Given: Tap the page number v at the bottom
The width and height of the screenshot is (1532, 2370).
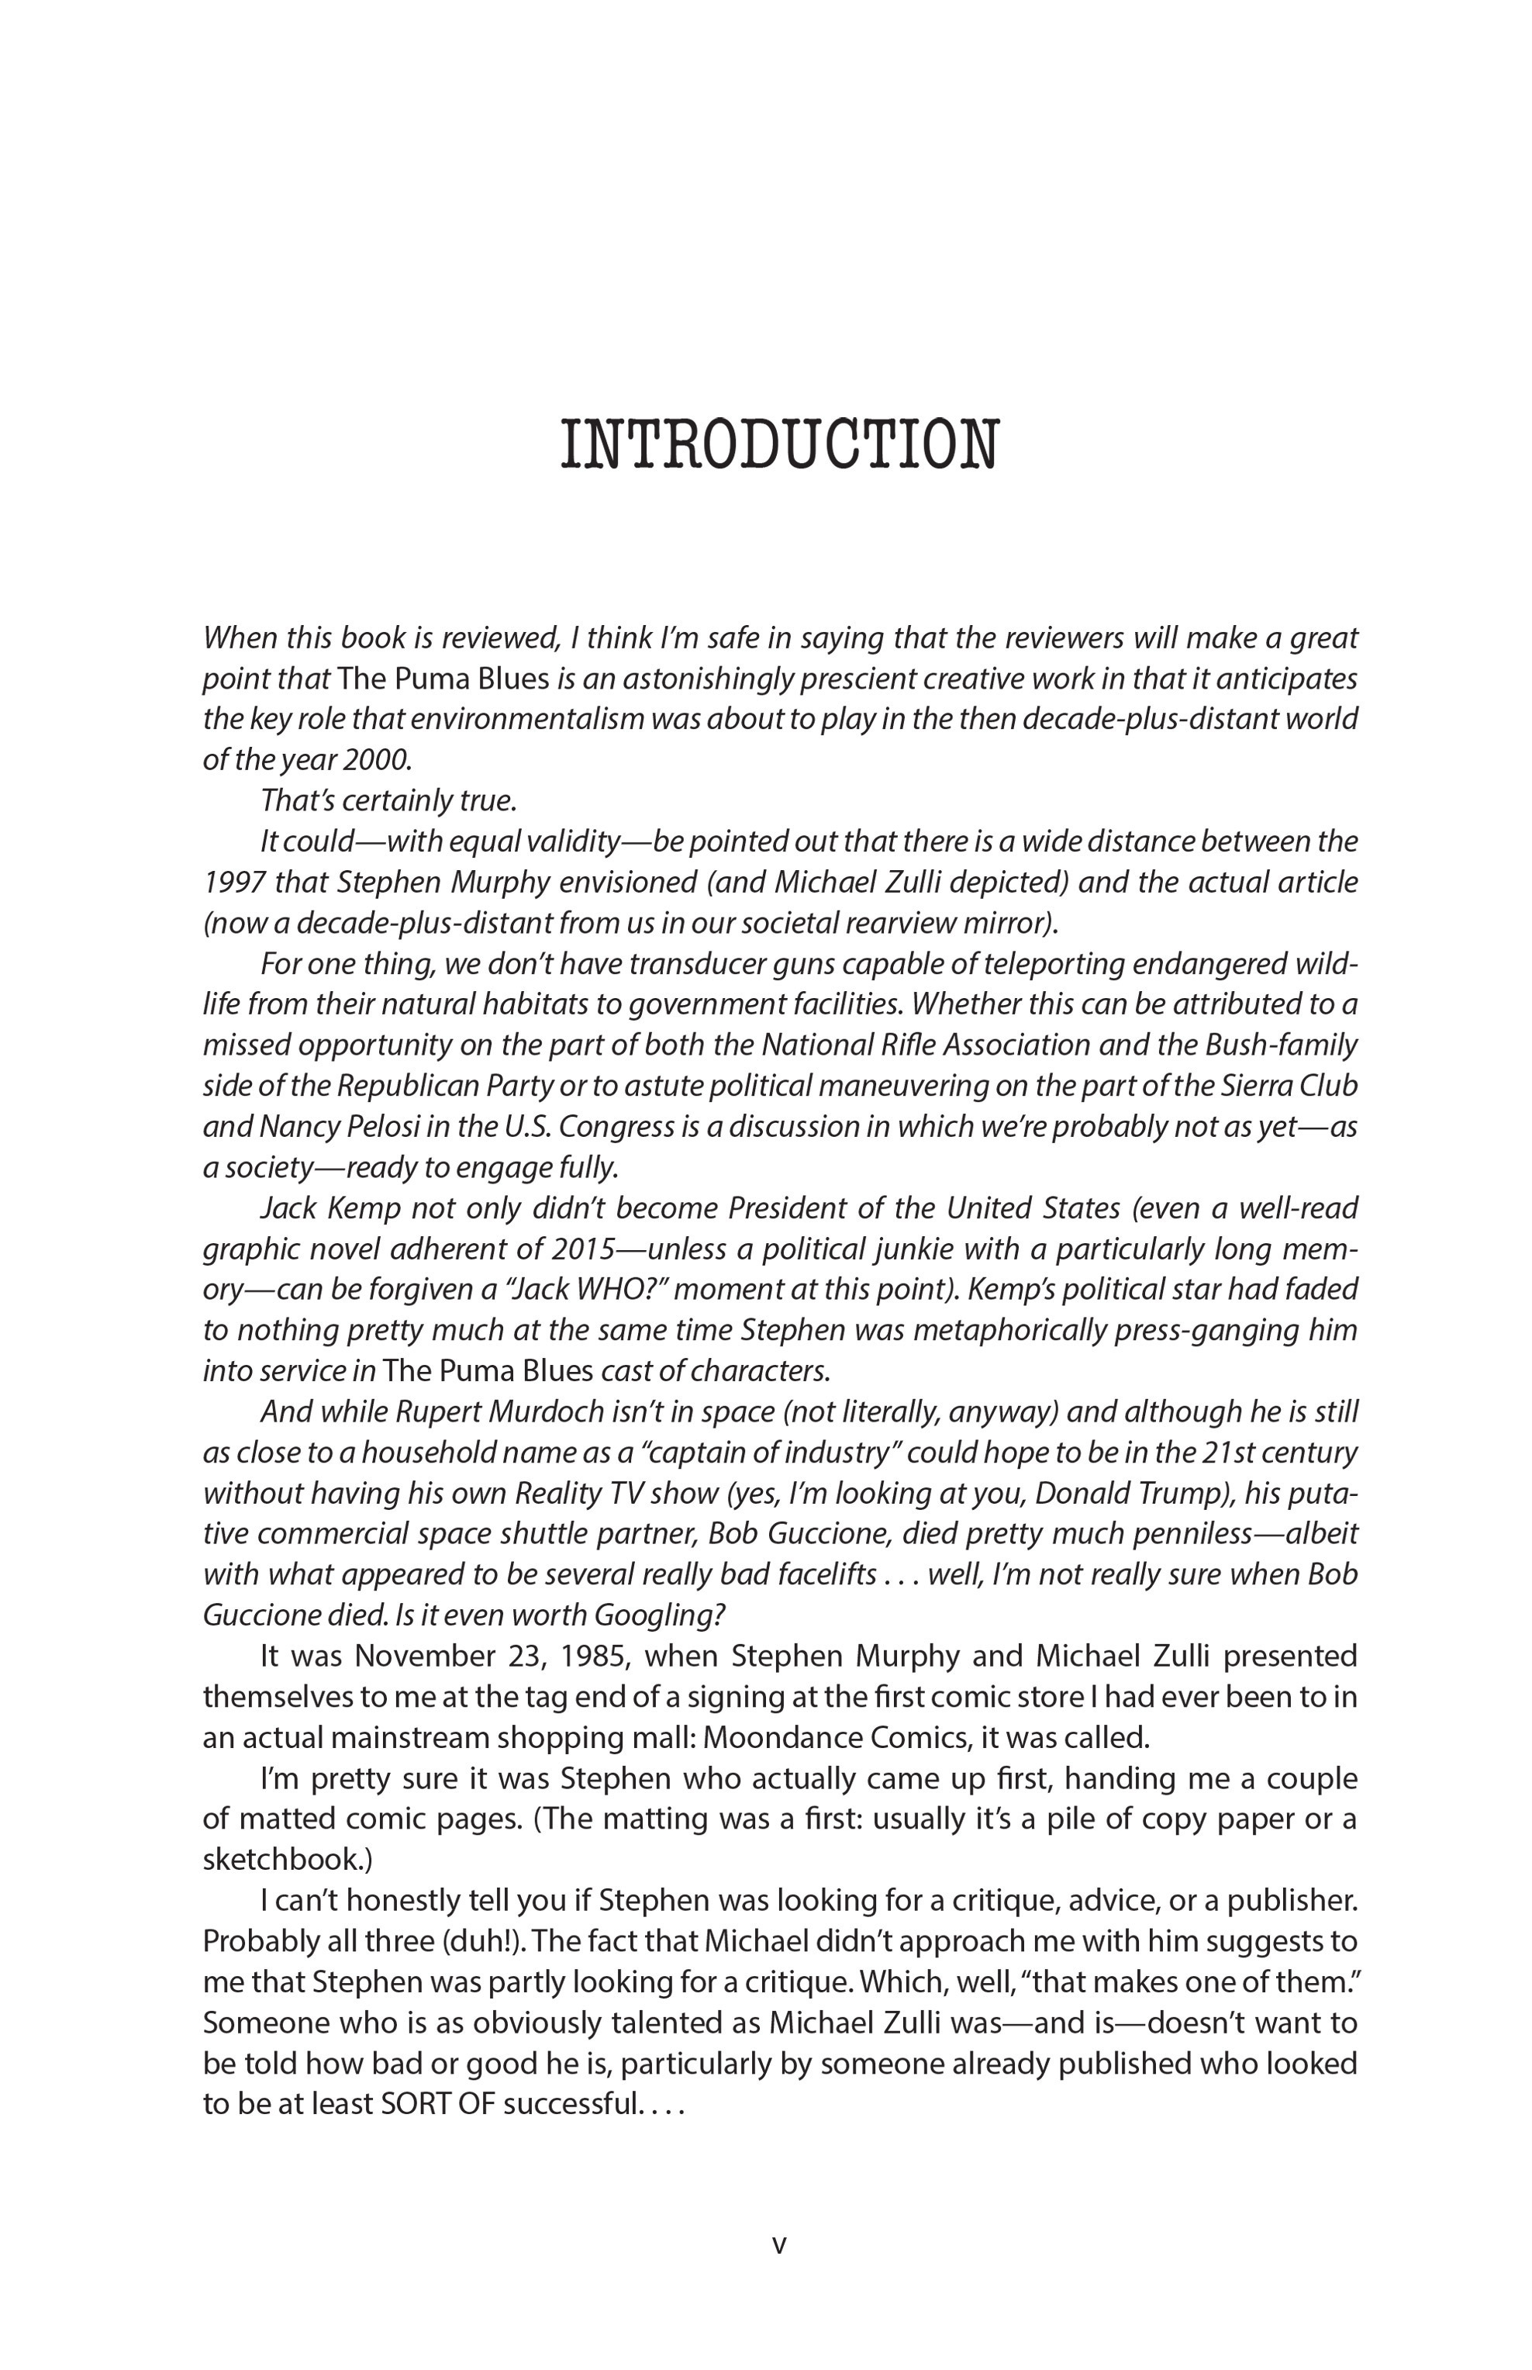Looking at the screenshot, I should click(779, 2244).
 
